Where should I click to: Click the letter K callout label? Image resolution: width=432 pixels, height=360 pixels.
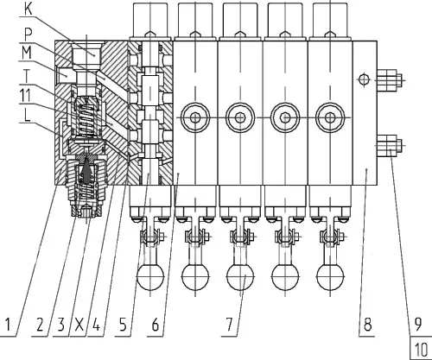[x=29, y=9]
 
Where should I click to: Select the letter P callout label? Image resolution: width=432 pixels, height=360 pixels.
[x=28, y=35]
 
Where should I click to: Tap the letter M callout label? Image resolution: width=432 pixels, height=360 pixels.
[x=27, y=54]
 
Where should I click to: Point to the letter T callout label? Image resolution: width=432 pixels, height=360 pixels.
[x=27, y=77]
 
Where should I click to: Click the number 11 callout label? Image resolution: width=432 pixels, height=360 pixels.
[x=25, y=95]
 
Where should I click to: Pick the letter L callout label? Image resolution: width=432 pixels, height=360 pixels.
[x=27, y=116]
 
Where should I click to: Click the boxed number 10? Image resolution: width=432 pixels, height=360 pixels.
[x=421, y=350]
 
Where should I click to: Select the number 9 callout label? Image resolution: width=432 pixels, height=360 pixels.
[x=417, y=324]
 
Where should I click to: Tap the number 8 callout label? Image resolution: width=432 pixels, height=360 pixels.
[x=367, y=324]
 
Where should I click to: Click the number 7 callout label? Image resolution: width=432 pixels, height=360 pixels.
[x=229, y=325]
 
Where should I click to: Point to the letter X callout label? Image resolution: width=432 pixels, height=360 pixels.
[x=79, y=325]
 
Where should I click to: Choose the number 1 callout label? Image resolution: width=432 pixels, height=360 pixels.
[x=9, y=325]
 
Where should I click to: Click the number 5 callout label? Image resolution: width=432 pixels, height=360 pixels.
[x=123, y=325]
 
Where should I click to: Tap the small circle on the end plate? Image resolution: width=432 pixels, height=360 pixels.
[x=364, y=79]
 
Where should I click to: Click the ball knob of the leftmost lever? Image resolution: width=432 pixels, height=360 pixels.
[x=150, y=276]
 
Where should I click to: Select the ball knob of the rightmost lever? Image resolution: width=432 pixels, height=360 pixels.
[x=330, y=276]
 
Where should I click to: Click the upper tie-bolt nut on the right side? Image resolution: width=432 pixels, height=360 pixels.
[x=389, y=79]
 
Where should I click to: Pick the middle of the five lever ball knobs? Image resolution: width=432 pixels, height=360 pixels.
[x=240, y=276]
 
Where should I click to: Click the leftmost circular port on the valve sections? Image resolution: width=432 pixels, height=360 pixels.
[x=195, y=117]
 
